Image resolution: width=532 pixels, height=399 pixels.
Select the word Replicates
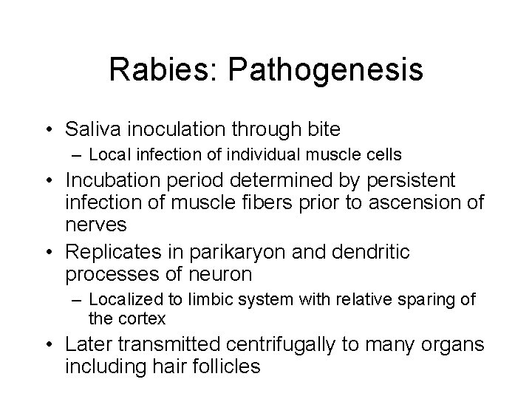[x=109, y=253]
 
